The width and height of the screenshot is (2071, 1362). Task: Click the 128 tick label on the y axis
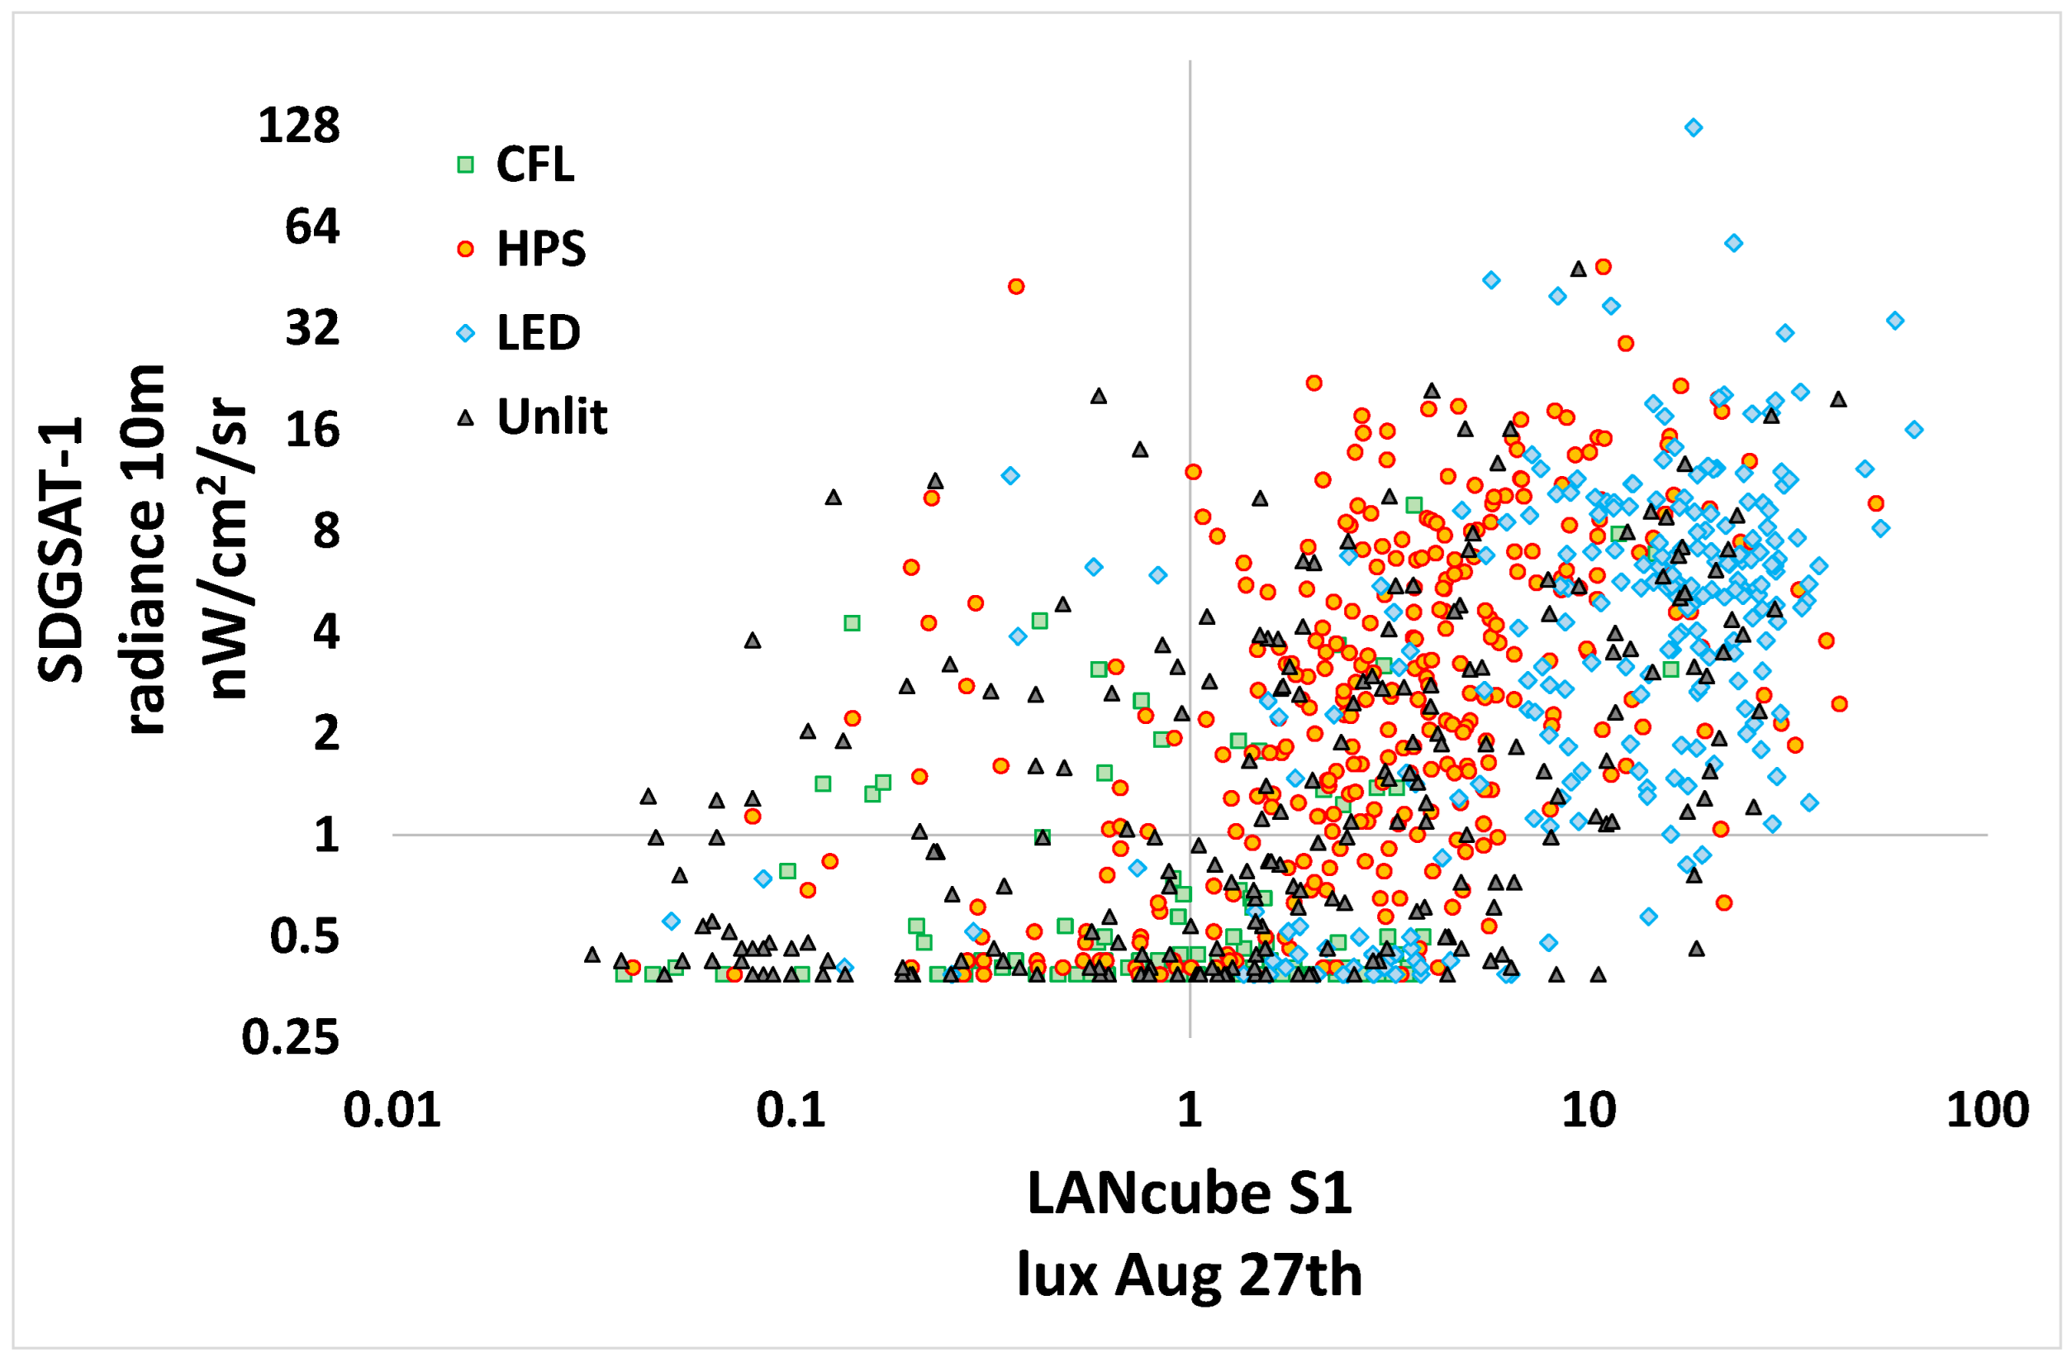pos(298,126)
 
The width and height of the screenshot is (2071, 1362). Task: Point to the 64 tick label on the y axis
pos(311,226)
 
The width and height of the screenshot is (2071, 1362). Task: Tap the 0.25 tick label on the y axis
pos(290,1037)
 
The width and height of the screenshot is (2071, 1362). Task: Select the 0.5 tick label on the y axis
pos(304,936)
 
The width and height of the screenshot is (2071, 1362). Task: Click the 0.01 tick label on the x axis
pos(392,1111)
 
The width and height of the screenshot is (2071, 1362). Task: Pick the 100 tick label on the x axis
pos(1988,1111)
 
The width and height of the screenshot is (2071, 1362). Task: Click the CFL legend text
pos(534,164)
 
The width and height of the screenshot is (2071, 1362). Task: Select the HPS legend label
pos(540,249)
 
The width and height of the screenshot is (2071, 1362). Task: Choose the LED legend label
pos(538,333)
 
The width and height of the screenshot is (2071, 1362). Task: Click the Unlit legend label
pos(551,417)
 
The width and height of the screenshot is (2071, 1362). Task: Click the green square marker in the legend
pos(466,164)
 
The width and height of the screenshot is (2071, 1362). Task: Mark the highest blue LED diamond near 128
pos(1693,128)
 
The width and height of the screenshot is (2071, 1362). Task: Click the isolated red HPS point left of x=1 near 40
pos(1015,286)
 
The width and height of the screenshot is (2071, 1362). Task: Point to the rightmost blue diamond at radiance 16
pos(1913,430)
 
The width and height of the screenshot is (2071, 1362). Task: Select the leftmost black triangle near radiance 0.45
pos(592,955)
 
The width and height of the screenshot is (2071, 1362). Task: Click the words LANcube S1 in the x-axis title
pos(1189,1194)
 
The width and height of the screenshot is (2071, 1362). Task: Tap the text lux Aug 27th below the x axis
pos(1189,1276)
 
